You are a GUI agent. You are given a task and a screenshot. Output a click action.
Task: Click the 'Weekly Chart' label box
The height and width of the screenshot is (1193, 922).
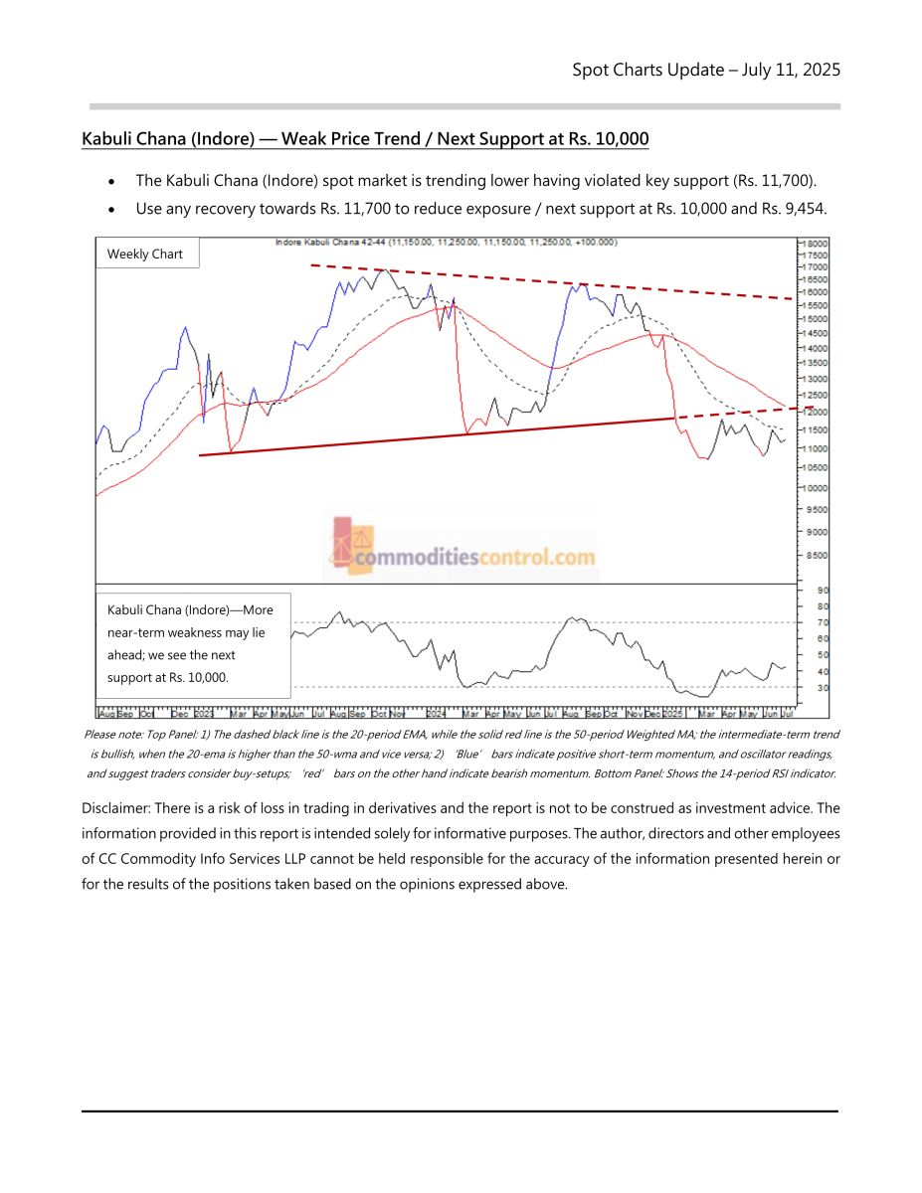[x=145, y=255]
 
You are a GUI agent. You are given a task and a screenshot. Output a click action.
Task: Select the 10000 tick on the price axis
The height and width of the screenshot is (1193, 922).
[x=816, y=488]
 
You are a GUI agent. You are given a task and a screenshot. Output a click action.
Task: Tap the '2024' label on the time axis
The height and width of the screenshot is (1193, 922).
[x=436, y=714]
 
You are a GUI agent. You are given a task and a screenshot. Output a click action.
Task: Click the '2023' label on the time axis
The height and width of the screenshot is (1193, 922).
[x=204, y=714]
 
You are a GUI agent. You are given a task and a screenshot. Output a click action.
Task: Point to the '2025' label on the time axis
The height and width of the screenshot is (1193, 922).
[x=673, y=714]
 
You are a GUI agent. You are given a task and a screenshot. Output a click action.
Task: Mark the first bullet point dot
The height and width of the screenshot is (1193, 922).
[x=114, y=183]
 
